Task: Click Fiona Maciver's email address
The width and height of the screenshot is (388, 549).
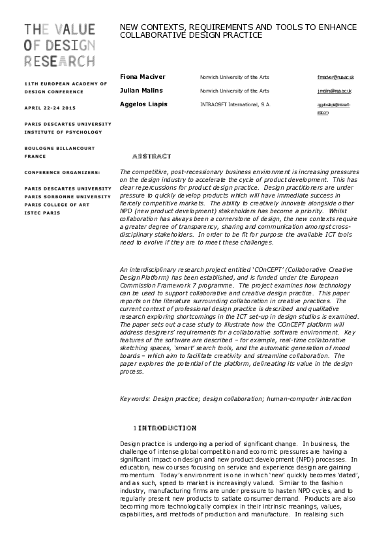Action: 334,77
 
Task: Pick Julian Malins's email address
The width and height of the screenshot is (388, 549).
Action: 334,91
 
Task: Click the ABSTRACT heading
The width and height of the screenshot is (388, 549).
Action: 151,156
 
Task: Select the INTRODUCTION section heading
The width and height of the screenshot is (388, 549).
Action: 167,428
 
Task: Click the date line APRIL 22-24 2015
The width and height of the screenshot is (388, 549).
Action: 50,107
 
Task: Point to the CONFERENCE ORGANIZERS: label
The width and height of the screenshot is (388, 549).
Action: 62,172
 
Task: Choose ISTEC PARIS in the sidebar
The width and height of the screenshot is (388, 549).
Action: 42,213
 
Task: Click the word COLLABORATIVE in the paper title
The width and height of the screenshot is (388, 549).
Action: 152,35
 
